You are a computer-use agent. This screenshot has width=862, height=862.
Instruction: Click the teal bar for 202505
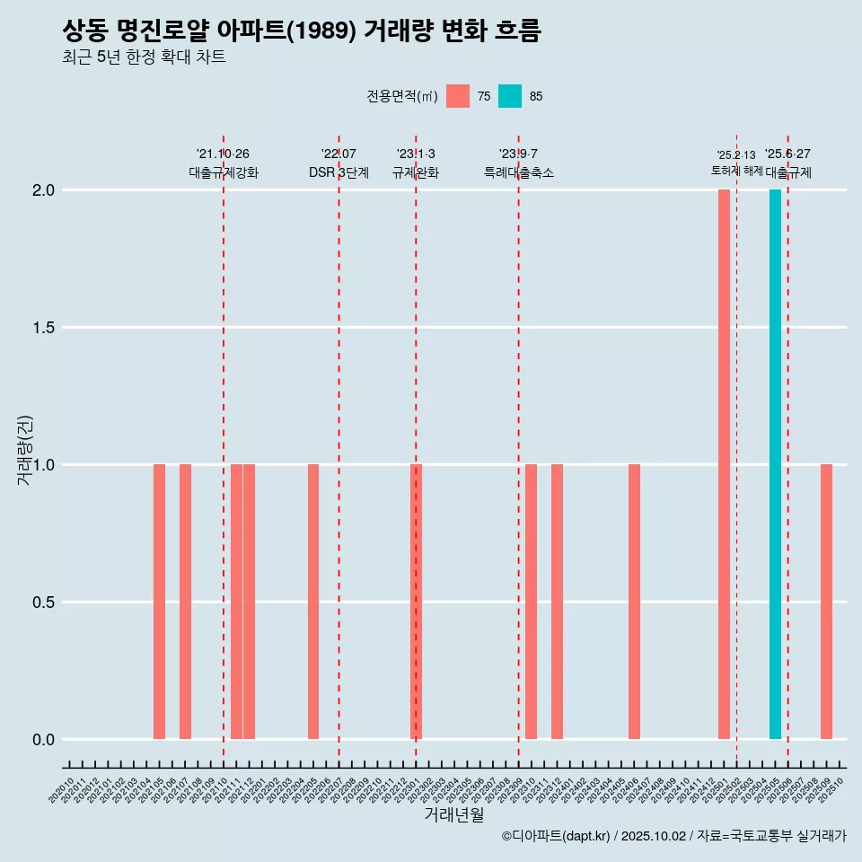click(x=775, y=464)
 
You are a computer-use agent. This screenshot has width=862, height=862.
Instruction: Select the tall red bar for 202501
click(x=724, y=464)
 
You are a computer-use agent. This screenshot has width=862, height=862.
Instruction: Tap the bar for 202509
click(x=826, y=602)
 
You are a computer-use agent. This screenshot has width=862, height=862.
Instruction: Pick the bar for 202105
click(x=159, y=602)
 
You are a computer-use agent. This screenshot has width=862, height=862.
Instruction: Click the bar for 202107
click(x=185, y=602)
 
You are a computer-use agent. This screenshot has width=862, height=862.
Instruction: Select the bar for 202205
click(x=313, y=602)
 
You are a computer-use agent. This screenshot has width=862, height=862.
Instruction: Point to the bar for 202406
click(x=634, y=602)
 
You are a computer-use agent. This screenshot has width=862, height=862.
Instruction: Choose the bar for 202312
click(x=557, y=602)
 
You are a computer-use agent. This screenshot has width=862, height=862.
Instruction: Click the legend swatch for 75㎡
click(x=458, y=96)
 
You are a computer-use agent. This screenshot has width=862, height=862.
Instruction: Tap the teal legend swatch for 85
click(x=510, y=96)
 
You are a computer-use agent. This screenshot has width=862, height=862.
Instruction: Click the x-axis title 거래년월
click(x=453, y=815)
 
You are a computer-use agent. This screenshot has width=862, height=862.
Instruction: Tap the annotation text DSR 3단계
click(x=339, y=173)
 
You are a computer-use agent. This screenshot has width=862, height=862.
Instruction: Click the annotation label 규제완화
click(x=415, y=173)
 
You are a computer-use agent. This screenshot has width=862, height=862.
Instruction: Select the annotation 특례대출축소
click(x=518, y=173)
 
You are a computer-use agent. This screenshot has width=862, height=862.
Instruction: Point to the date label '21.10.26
click(x=223, y=154)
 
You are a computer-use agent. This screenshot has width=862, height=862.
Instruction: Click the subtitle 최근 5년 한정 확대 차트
click(x=144, y=57)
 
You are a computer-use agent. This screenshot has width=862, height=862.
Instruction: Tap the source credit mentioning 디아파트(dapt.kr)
click(x=673, y=836)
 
